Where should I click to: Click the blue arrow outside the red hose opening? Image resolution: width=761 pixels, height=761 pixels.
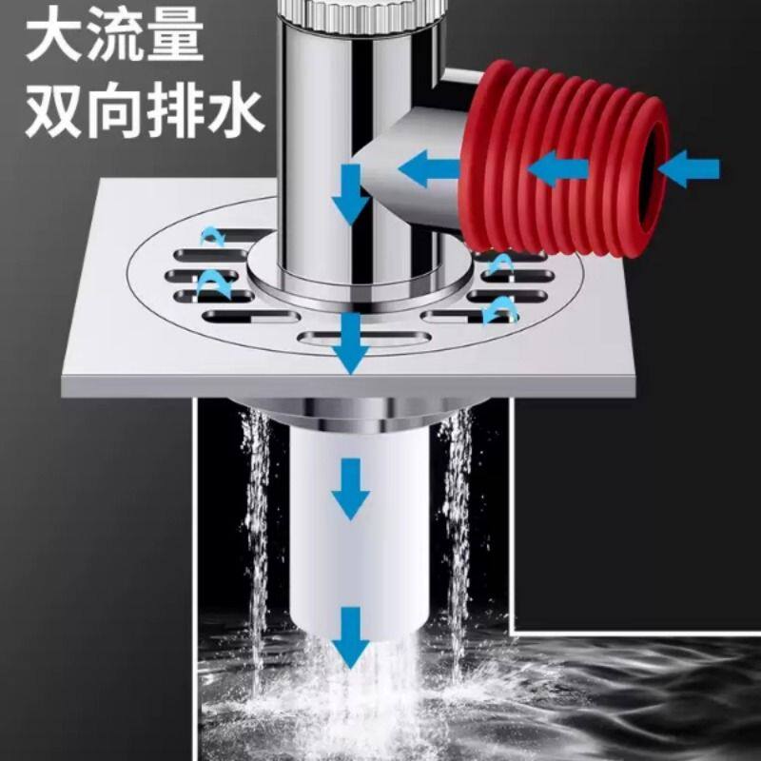coord(688,170)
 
